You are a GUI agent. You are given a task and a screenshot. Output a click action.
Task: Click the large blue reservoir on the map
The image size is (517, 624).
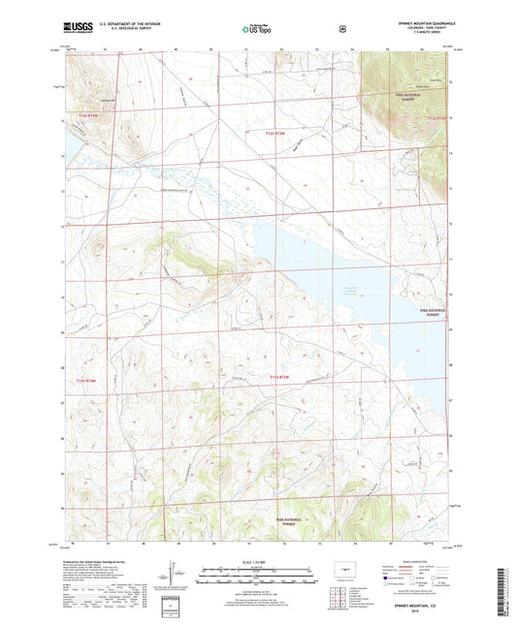(x=330, y=281)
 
